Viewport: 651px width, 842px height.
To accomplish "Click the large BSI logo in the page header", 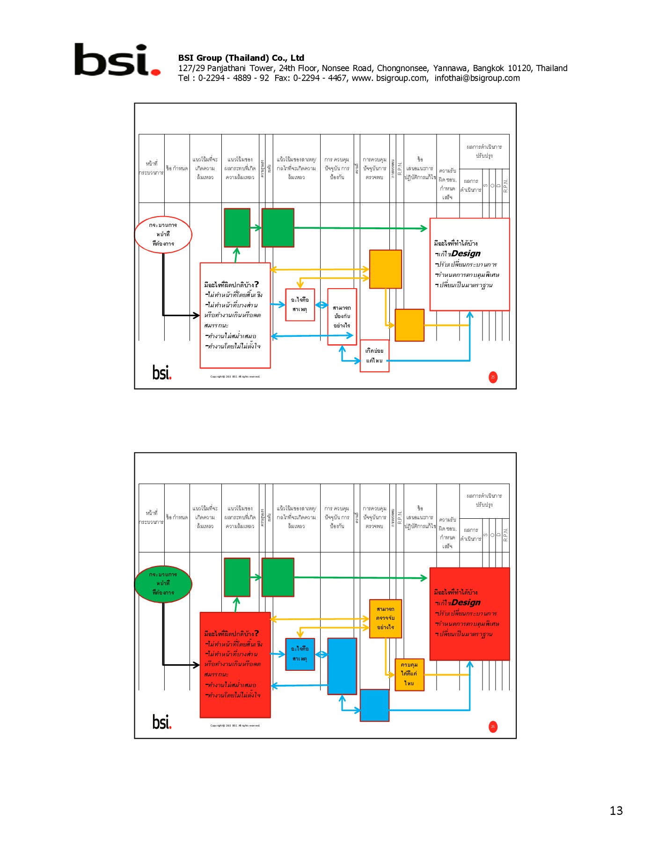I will pos(117,60).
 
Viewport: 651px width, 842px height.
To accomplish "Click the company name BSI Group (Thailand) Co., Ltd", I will pos(241,58).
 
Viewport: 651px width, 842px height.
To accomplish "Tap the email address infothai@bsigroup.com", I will pos(477,78).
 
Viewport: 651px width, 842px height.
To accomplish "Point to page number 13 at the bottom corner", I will pos(616,811).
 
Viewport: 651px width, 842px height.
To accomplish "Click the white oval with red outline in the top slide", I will pos(163,234).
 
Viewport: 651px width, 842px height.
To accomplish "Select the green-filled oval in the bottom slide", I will pos(163,583).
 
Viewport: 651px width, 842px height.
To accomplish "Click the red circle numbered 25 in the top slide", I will pos(493,377).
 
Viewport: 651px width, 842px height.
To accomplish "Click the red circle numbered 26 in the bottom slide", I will pos(493,726).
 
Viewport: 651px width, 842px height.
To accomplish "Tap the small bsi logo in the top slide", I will pos(162,373).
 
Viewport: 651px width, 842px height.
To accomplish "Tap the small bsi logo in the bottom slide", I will pos(162,722).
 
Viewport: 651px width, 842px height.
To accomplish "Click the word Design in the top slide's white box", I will pos(466,254).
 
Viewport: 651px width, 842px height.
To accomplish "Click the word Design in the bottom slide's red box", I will pos(466,602).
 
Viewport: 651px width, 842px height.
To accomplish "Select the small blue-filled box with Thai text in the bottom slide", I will pos(300,654).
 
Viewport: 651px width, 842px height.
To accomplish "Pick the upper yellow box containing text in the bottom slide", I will pos(385,618).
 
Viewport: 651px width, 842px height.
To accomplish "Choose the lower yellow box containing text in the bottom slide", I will pos(410,674).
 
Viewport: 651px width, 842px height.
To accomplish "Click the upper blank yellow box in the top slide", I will pos(385,269).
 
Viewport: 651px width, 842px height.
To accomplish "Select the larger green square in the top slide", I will pos(278,228).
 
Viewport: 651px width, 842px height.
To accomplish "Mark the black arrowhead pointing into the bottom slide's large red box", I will pos(197,664).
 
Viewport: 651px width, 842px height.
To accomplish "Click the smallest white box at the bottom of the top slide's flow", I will pos(374,356).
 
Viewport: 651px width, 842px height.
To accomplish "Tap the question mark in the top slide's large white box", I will pos(256,284).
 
